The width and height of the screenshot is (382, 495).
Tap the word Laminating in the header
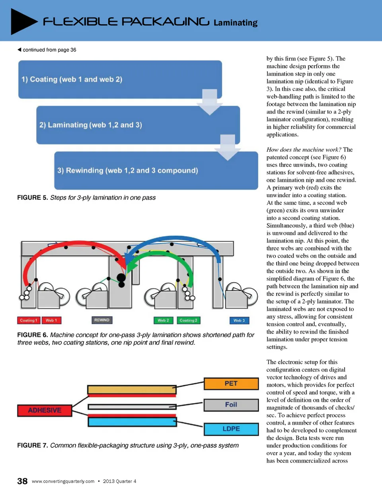[235, 23]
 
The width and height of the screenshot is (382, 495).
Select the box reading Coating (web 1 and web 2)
[119, 79]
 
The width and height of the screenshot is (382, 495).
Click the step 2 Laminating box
[138, 125]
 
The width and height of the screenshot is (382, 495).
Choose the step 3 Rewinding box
[156, 170]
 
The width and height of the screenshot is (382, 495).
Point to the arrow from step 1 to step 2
[210, 102]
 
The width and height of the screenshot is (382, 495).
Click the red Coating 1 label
[28, 320]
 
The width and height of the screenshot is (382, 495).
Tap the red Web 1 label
[51, 320]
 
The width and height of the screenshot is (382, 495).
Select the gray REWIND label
[102, 320]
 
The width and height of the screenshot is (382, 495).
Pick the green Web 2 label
[163, 320]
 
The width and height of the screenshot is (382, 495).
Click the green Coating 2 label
[188, 320]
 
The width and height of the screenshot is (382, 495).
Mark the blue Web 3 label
[239, 320]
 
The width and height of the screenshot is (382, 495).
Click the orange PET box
[231, 383]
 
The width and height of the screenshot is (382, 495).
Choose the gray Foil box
[231, 405]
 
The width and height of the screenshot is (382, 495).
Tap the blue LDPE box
[231, 429]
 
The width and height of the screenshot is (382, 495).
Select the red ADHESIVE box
[45, 410]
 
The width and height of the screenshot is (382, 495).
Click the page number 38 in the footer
[22, 481]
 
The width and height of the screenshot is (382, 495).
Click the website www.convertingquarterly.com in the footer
[63, 481]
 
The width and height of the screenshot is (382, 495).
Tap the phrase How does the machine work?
[304, 149]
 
